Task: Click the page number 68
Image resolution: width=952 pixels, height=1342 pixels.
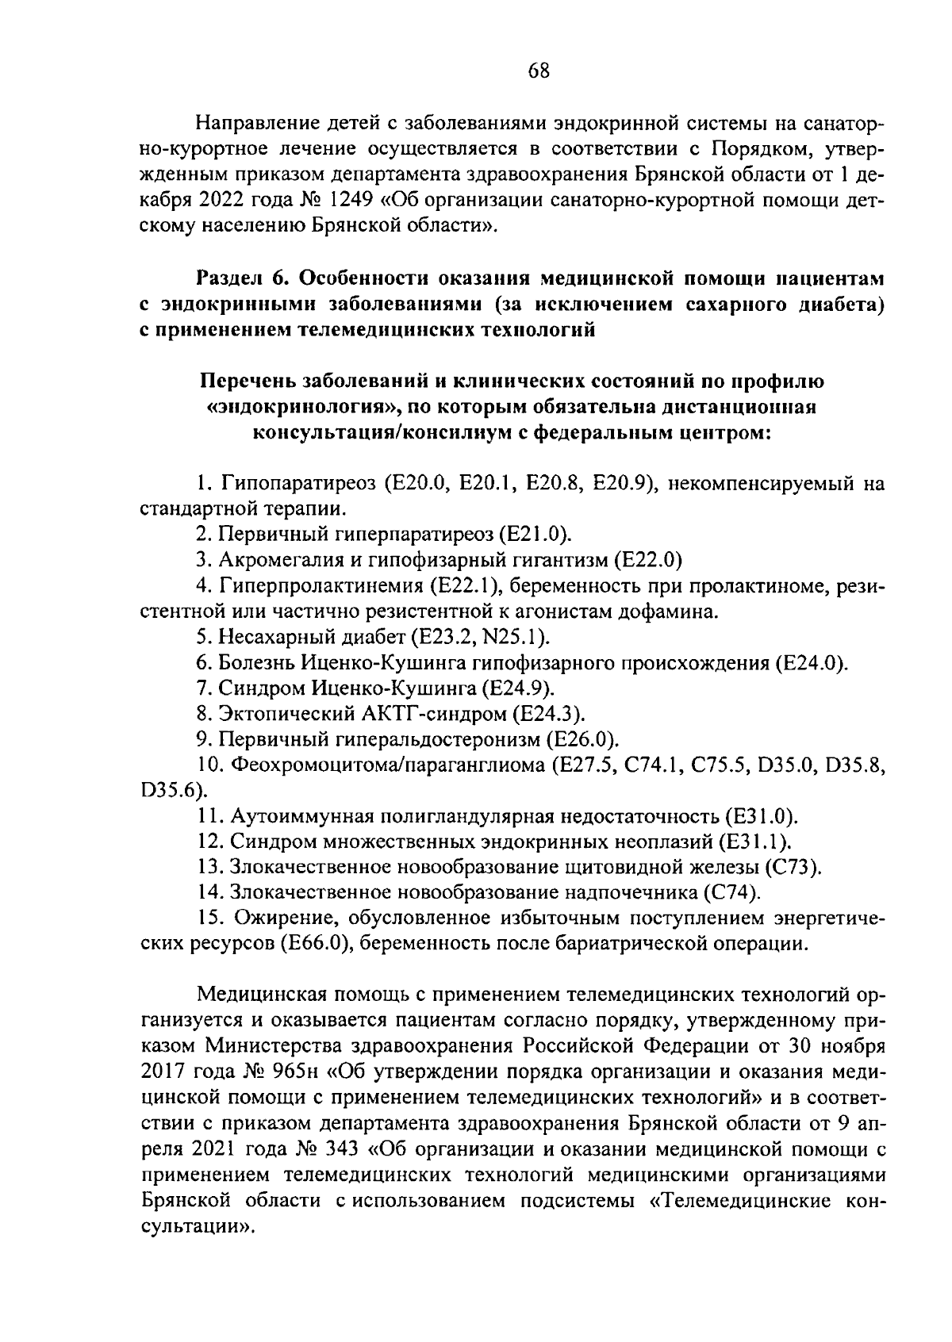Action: point(539,71)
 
